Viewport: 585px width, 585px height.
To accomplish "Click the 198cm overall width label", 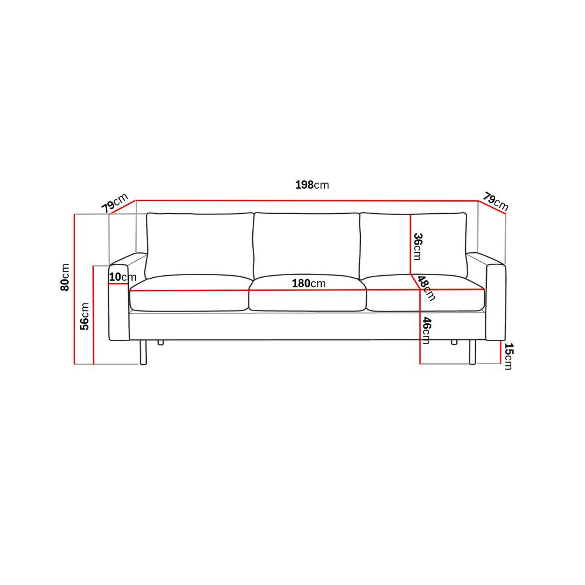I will (312, 185).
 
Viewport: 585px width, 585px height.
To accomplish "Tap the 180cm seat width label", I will (308, 284).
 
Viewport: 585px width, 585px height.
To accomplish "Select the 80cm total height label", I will (65, 277).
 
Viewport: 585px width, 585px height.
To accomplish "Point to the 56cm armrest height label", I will (85, 316).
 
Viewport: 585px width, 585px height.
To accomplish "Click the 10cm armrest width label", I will (122, 277).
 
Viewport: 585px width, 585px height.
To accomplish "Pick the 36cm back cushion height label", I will (418, 246).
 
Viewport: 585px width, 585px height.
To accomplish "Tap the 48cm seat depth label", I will (426, 288).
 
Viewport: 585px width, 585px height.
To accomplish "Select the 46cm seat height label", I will (426, 330).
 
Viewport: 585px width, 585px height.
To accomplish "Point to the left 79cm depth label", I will (115, 203).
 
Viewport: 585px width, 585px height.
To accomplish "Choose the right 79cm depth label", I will (495, 202).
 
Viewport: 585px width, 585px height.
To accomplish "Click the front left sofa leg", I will (143, 352).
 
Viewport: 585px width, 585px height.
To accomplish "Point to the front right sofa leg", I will (472, 352).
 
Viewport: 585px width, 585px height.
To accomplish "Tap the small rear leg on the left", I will (160, 343).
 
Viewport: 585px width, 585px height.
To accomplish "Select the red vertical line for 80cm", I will (74, 289).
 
